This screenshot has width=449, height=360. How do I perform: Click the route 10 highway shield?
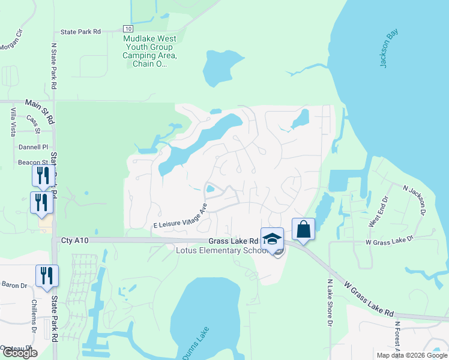click(128, 29)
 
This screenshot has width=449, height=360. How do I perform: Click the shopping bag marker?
click(303, 230)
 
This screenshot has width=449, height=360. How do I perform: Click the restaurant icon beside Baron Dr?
click(47, 277)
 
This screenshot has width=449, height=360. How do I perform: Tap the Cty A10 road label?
click(74, 241)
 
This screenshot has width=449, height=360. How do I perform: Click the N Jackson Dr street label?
click(414, 200)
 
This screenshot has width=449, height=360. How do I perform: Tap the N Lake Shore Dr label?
click(330, 302)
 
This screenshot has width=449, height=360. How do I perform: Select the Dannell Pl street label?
click(33, 147)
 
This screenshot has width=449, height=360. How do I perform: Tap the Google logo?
click(20, 353)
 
